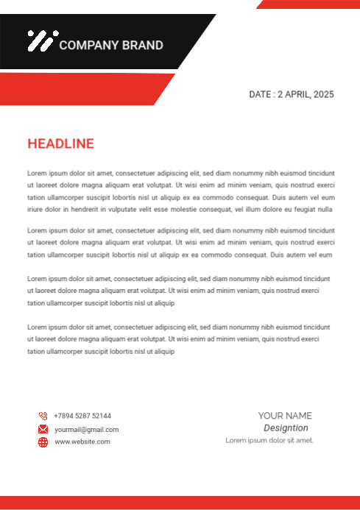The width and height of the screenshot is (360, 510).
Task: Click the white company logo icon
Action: [x=40, y=40]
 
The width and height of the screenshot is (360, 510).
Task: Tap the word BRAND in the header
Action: [x=142, y=45]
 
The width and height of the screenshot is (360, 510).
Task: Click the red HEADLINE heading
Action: [x=60, y=144]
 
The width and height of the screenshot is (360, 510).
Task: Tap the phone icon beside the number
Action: [x=43, y=416]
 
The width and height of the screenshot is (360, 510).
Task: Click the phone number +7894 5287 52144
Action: [x=82, y=416]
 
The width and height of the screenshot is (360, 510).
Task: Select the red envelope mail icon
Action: [x=43, y=429]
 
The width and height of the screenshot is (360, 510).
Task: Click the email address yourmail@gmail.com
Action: [x=86, y=429]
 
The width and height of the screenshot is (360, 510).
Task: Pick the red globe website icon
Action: [x=43, y=442]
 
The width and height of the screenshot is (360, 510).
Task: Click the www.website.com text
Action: [x=82, y=442]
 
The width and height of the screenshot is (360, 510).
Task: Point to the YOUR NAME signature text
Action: [x=285, y=416]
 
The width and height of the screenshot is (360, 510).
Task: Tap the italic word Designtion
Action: [x=286, y=428]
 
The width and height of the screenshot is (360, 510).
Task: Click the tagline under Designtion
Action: [x=269, y=440]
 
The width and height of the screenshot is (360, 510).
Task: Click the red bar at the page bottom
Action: [x=180, y=503]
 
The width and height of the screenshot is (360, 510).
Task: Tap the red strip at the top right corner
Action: [x=309, y=4]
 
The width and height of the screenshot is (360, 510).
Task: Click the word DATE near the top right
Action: [x=261, y=94]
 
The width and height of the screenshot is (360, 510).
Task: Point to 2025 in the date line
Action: [x=323, y=94]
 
